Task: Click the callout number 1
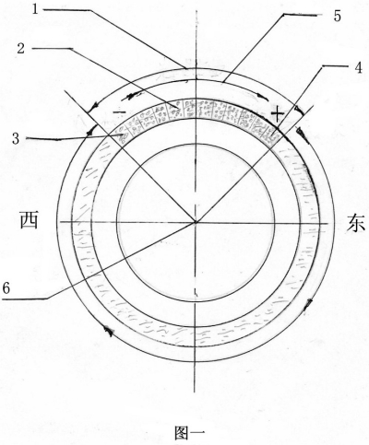[35, 9]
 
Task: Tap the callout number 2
[20, 48]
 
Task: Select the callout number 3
[16, 138]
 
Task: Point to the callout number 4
[358, 68]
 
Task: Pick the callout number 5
[338, 16]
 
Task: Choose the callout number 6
[6, 288]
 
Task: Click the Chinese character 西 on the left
[30, 220]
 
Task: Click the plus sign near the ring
[278, 113]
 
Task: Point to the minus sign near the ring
[119, 112]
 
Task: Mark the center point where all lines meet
[195, 222]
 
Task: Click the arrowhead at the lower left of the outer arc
[109, 331]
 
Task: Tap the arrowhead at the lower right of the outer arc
[308, 304]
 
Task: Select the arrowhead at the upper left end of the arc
[92, 107]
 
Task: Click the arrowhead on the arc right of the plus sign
[303, 134]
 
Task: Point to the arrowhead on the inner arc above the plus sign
[262, 96]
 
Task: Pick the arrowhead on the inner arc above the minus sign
[126, 98]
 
